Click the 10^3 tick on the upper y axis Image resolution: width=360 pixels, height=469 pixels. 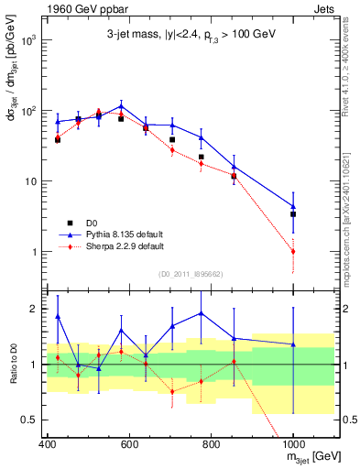[x=29, y=41]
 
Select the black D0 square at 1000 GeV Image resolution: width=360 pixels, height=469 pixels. [x=293, y=214]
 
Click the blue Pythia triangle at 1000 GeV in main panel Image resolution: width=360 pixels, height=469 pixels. [x=293, y=207]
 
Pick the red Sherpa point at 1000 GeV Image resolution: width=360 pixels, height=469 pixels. [x=293, y=251]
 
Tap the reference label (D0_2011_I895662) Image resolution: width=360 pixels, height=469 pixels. [x=189, y=273]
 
